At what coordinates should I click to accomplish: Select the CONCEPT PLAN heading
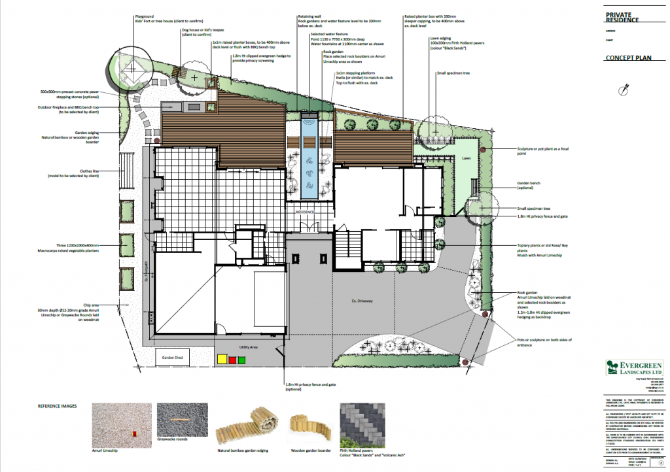pyautogui.click(x=629, y=58)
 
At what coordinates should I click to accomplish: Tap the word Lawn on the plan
pyautogui.click(x=467, y=158)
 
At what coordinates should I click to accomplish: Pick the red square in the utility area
pyautogui.click(x=232, y=359)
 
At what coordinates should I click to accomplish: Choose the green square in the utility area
pyautogui.click(x=241, y=359)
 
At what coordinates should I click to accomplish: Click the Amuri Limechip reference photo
pyautogui.click(x=116, y=424)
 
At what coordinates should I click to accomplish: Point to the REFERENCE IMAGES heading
pyautogui.click(x=57, y=406)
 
